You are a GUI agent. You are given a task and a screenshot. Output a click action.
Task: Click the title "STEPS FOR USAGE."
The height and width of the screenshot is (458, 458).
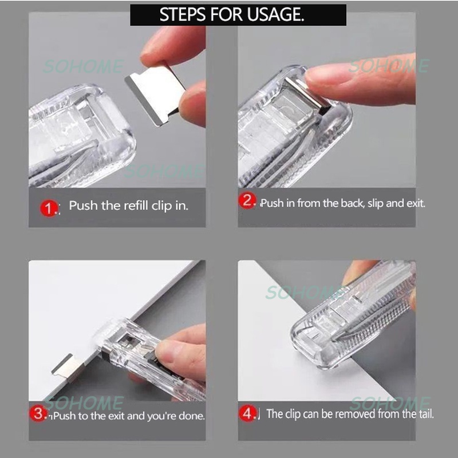click(x=239, y=15)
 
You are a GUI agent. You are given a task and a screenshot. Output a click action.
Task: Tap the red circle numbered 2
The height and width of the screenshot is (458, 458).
click(x=248, y=201)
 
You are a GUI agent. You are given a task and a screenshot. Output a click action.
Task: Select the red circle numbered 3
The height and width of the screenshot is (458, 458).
click(x=40, y=414)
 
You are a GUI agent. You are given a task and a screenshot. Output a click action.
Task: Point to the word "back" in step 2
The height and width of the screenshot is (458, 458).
click(x=348, y=203)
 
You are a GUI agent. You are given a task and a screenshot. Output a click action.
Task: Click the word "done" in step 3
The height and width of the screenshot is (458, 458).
click(x=190, y=416)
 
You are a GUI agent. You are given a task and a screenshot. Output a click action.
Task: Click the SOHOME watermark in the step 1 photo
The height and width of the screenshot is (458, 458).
click(x=84, y=66)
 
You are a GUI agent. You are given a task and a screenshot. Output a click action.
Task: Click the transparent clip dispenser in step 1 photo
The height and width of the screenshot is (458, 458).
click(x=80, y=137)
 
